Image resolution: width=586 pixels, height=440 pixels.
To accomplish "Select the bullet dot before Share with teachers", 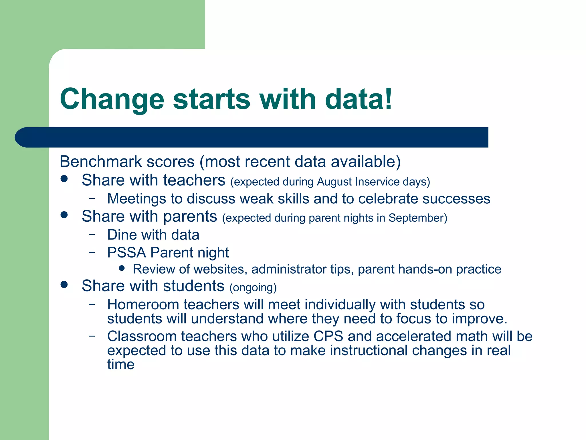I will tap(64, 179).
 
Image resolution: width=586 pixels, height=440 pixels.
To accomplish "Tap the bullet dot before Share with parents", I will tap(64, 215).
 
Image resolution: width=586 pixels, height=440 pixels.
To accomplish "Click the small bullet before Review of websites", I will tap(122, 268).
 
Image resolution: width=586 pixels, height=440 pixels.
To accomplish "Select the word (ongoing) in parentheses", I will tap(253, 288).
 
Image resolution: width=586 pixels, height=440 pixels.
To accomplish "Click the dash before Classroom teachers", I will tap(92, 336).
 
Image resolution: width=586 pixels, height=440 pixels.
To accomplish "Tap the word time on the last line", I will tap(121, 365).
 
